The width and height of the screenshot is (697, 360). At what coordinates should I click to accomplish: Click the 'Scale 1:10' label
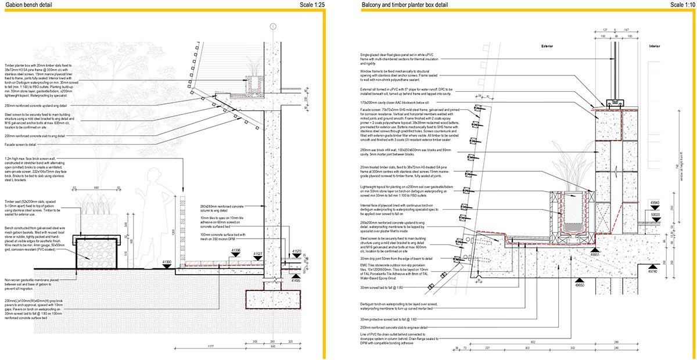click(681, 5)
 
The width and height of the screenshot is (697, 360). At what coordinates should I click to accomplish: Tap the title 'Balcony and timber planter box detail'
click(405, 5)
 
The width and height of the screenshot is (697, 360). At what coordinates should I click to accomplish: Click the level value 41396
click(236, 250)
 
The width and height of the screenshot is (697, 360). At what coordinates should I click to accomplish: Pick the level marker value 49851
click(594, 254)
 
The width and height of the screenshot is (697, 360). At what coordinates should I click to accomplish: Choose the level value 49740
click(654, 271)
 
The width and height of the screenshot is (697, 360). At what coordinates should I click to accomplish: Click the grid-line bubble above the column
click(272, 27)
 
